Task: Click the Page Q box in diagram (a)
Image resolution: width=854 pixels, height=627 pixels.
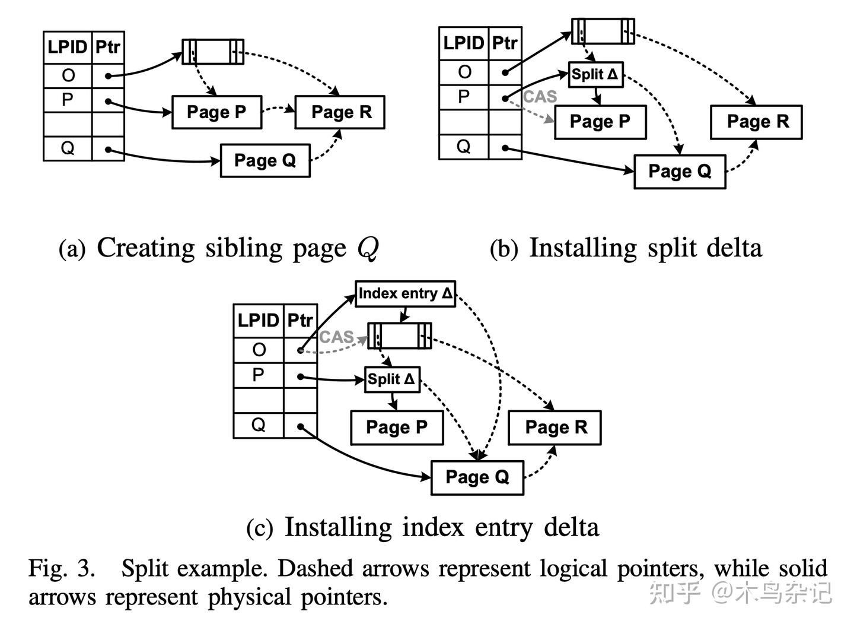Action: pos(265,160)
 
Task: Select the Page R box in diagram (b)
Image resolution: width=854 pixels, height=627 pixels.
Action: pos(757,122)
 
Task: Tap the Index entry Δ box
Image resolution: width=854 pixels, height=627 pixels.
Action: pos(406,293)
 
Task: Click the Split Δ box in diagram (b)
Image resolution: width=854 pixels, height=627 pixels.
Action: pos(595,75)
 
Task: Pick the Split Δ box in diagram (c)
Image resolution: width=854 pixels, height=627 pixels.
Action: pos(391,379)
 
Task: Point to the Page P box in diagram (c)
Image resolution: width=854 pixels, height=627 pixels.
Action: pos(397,427)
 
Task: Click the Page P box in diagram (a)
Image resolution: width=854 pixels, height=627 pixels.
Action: pos(216,112)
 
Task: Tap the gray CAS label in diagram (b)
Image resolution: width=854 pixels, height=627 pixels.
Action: pos(540,97)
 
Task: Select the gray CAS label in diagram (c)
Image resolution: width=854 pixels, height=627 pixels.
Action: pos(336,337)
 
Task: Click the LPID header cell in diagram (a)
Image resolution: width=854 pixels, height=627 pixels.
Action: pos(68,47)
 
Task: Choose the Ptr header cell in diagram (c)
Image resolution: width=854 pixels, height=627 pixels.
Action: pos(300,321)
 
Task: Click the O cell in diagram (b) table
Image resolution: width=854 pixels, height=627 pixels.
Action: pos(464,72)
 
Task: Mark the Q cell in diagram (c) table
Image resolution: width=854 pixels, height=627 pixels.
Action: pos(259,425)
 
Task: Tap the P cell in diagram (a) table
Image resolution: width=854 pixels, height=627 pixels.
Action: pos(68,100)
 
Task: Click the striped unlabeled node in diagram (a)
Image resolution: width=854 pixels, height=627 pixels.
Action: pos(213,52)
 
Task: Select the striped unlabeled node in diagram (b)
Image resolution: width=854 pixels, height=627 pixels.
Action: pos(603,31)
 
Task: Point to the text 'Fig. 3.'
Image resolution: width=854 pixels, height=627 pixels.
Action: pos(62,568)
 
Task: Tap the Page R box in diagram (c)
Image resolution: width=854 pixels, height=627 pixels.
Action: pos(555,427)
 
